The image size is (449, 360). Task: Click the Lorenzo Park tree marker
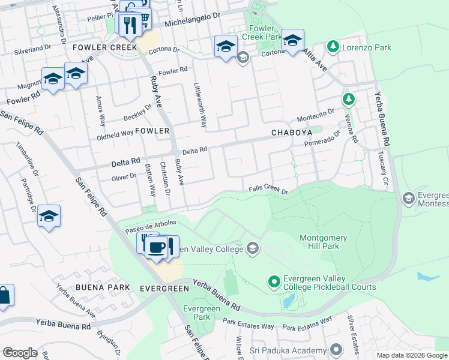coord(333,47)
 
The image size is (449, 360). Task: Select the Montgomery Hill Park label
coord(323,242)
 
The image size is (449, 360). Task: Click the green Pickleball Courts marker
coord(274,281)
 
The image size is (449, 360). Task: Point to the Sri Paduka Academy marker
coord(336,349)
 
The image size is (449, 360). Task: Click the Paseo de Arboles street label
coord(151,227)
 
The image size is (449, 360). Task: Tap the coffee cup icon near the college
coord(157,247)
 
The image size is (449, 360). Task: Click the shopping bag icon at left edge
coord(4,296)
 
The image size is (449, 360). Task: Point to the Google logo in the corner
coord(20,353)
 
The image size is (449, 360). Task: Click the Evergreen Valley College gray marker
coord(253,248)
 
